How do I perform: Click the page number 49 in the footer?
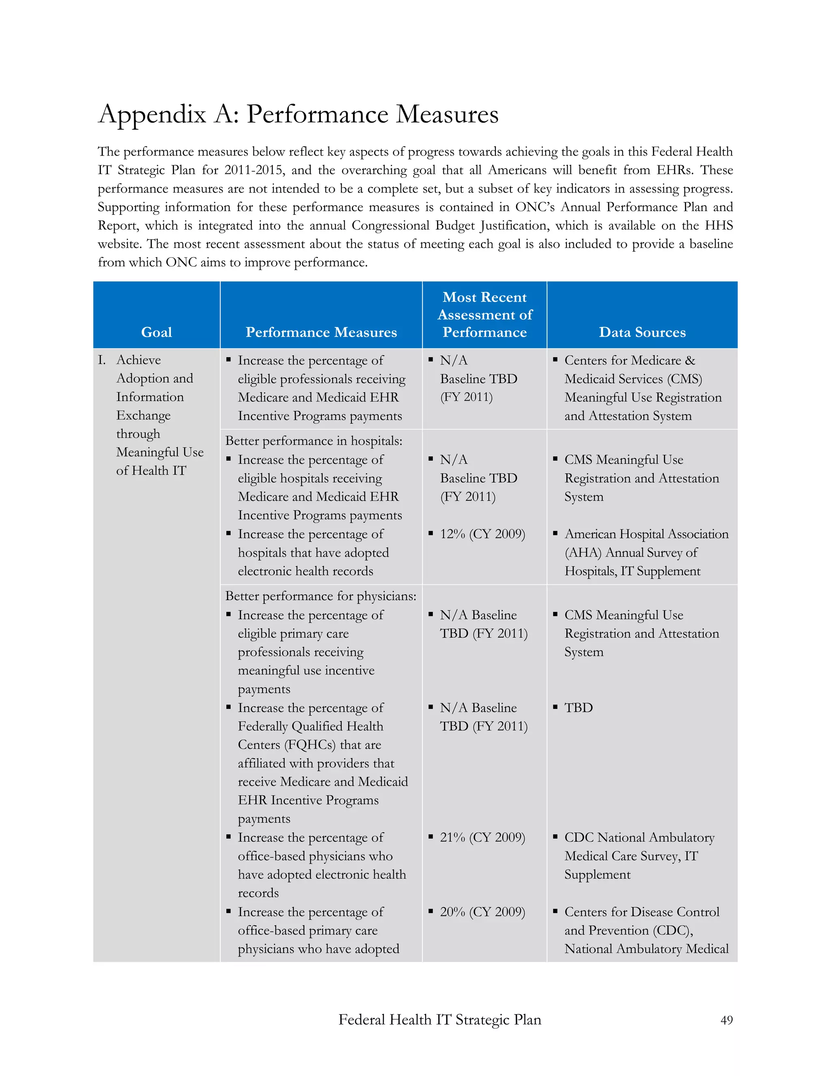tap(726, 1020)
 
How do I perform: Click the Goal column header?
tap(157, 332)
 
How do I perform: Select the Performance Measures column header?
tap(321, 332)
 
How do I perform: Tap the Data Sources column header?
tap(642, 332)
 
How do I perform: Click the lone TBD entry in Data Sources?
tap(579, 708)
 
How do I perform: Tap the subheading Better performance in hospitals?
tap(314, 441)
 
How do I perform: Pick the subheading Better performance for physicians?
tap(321, 596)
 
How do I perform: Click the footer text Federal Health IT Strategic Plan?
tap(439, 1019)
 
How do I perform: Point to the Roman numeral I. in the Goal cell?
tap(102, 360)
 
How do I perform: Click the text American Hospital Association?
tap(646, 534)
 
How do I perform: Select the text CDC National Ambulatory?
tap(639, 838)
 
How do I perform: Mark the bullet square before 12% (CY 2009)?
tap(431, 533)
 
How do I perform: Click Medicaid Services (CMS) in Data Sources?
tap(633, 379)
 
